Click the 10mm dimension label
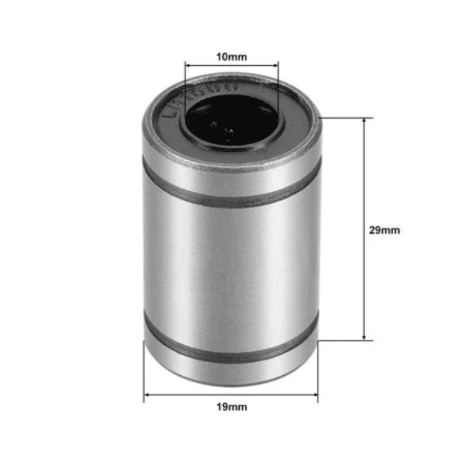coord(231,57)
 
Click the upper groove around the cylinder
coord(231,193)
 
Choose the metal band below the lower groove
coord(231,371)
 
